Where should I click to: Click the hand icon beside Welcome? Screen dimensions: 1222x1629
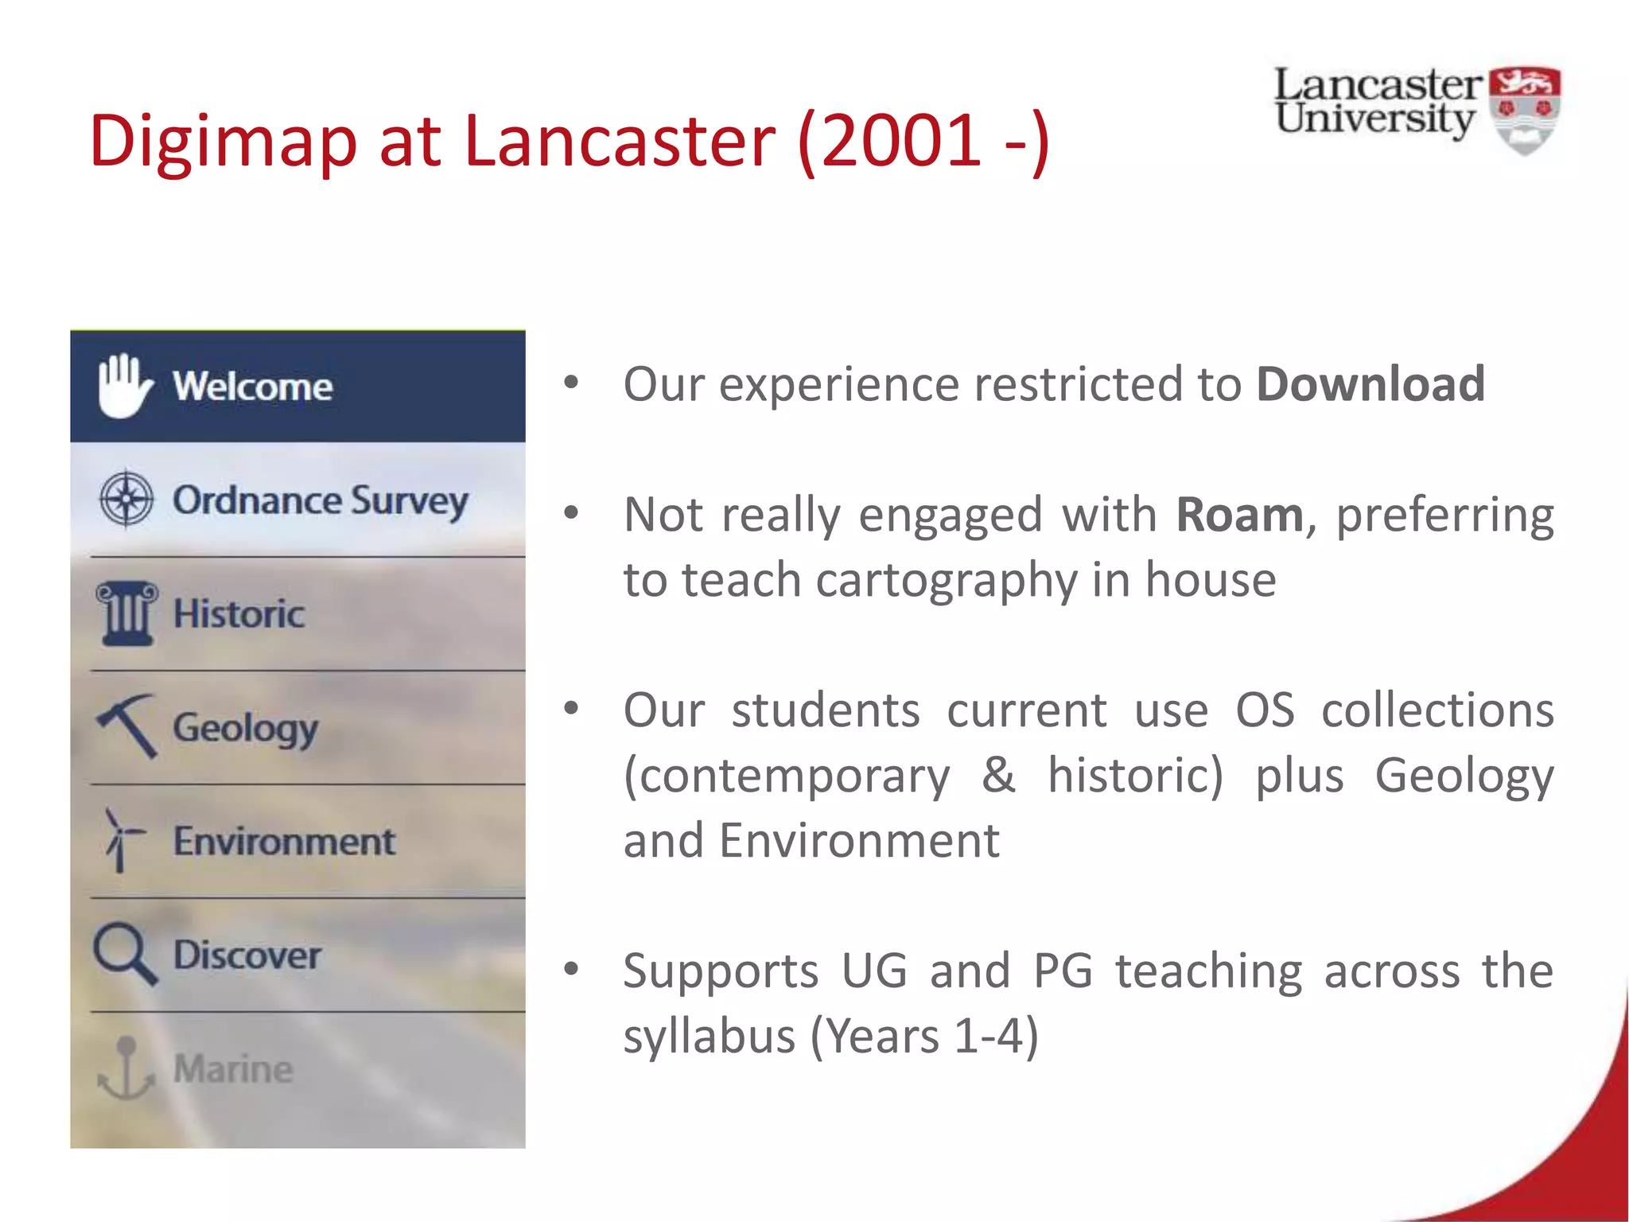123,385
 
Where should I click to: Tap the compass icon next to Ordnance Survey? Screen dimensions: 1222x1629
126,500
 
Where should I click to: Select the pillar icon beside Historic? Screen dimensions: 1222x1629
126,613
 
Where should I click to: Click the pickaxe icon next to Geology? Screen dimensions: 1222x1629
127,725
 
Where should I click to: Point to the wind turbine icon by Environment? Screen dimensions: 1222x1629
122,840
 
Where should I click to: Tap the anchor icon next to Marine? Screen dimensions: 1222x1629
126,1068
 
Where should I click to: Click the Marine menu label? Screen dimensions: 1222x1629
233,1068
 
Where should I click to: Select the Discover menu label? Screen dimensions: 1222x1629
247,955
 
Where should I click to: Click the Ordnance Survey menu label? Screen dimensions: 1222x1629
321,501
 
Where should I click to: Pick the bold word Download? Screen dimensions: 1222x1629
1370,384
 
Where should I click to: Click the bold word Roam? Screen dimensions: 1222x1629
1239,515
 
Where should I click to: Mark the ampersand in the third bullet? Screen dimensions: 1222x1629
998,776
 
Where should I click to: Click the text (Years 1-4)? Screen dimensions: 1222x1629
924,1037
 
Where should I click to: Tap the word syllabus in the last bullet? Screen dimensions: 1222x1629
709,1037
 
